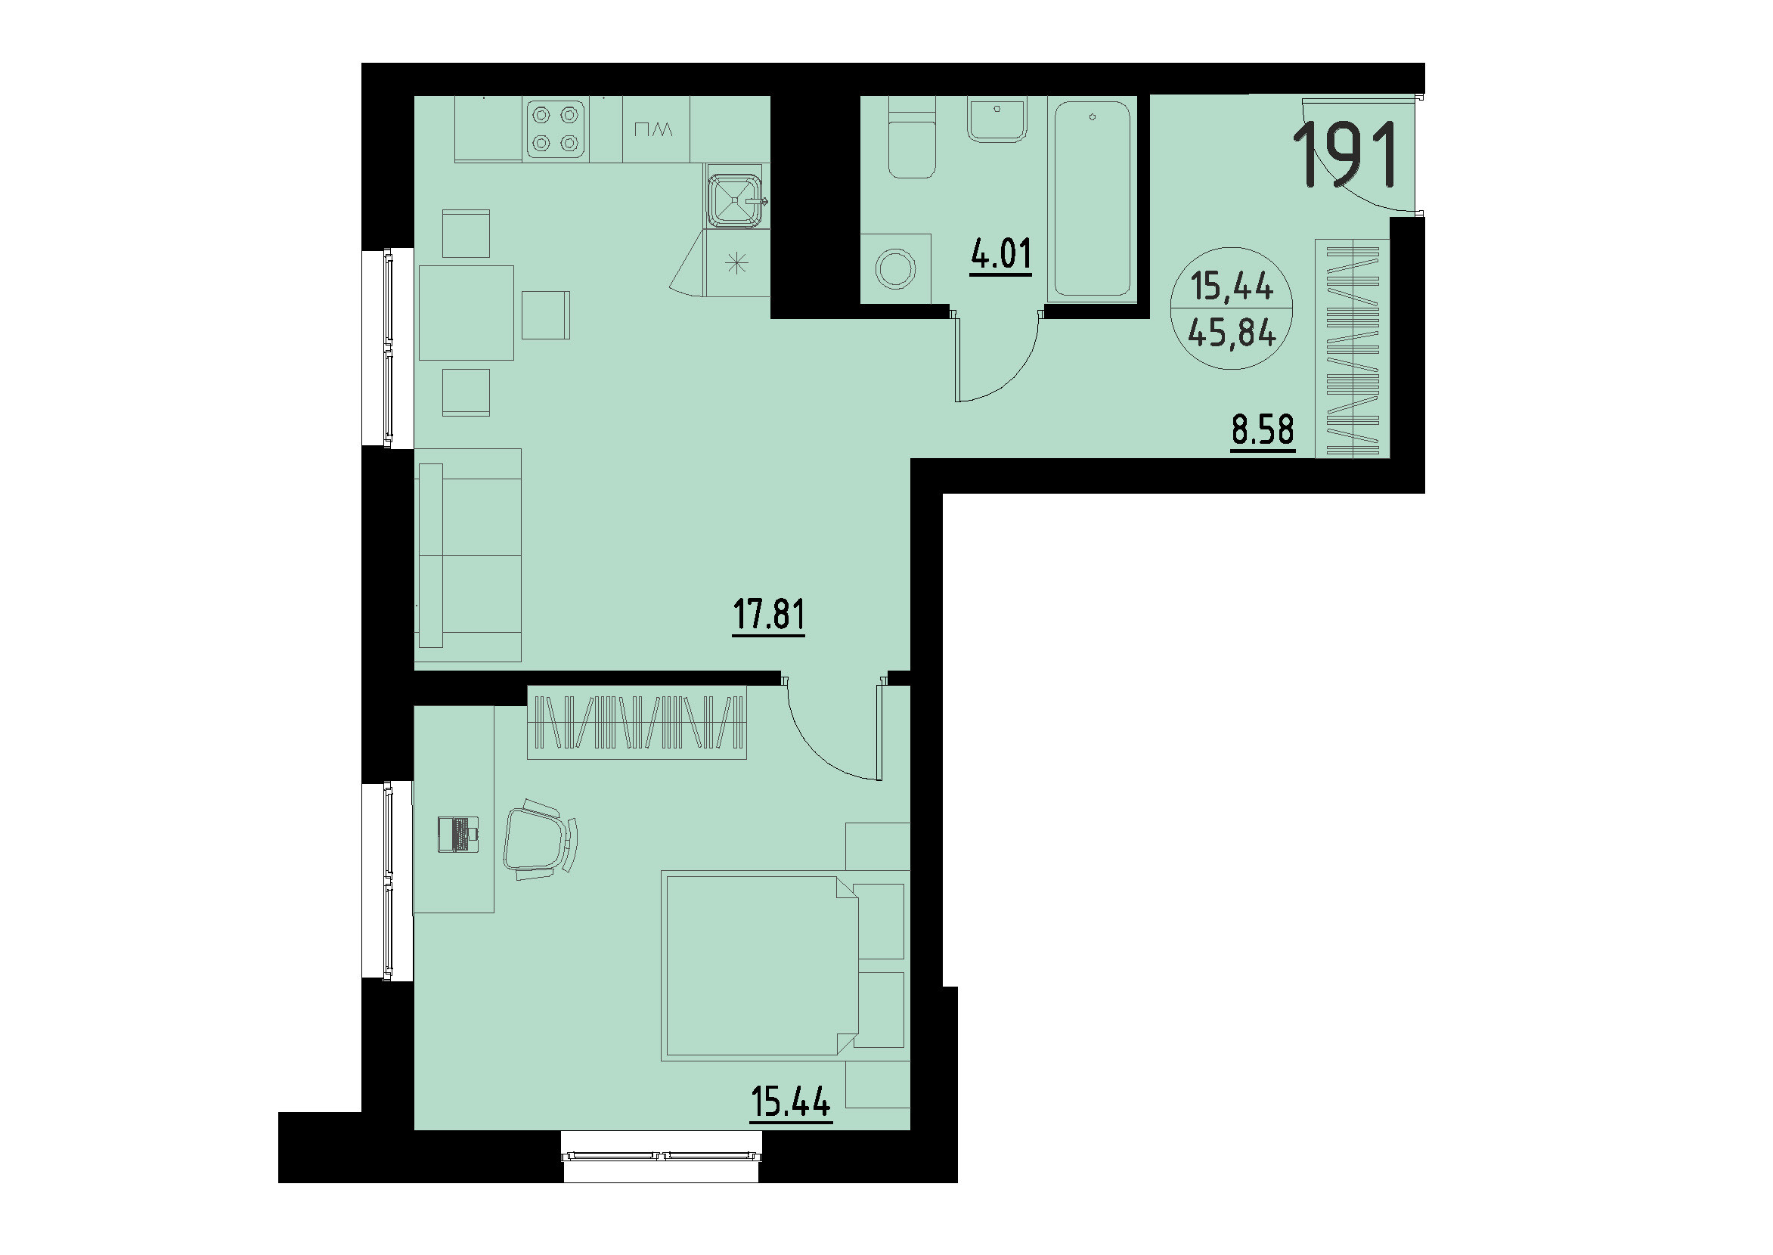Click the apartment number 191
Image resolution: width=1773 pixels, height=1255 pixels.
(1349, 155)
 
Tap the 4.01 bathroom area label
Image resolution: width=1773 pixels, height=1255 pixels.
(1001, 254)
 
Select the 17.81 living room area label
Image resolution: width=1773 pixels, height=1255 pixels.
(768, 615)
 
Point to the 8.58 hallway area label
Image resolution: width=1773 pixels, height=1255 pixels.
(1263, 429)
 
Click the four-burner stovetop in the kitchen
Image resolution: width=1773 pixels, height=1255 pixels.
(556, 129)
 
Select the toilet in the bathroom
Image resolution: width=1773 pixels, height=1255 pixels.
(912, 147)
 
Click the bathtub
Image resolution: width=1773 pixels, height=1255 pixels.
(1092, 199)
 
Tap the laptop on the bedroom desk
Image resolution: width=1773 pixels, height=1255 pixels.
(458, 834)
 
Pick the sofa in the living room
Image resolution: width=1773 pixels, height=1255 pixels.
(468, 555)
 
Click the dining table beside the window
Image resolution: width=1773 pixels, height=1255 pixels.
(466, 313)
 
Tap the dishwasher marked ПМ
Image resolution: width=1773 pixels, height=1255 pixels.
(656, 130)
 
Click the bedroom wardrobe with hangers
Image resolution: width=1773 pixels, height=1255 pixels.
(637, 723)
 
